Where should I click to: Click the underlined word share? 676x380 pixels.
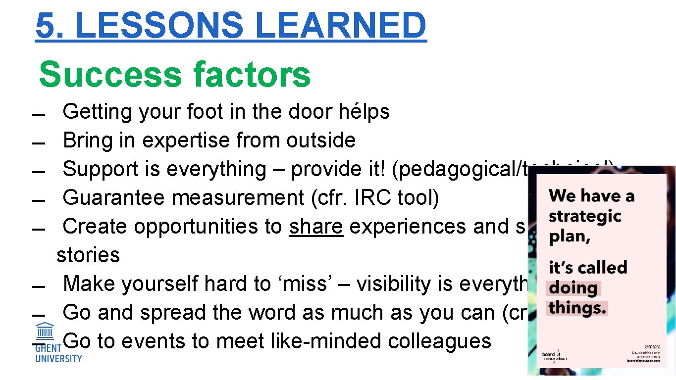[x=316, y=227]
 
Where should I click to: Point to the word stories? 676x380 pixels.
[x=88, y=255]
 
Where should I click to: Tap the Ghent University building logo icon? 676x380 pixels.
[x=46, y=331]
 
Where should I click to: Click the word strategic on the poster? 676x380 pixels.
[x=584, y=217]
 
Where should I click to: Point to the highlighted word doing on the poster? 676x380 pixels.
[x=573, y=288]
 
